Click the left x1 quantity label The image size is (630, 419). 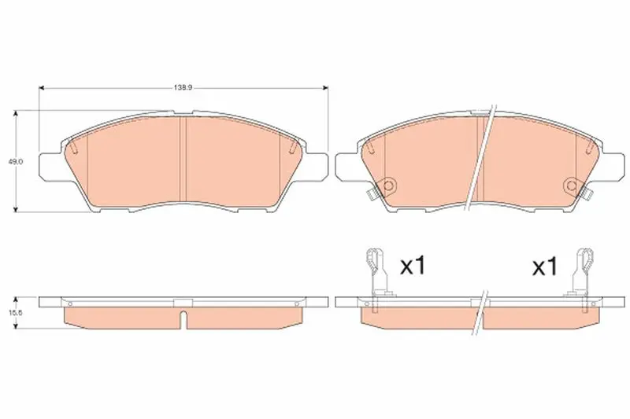412,266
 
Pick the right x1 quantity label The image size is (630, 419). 545,266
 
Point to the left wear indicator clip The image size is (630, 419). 376,273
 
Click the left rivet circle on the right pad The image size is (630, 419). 388,186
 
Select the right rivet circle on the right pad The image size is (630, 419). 573,186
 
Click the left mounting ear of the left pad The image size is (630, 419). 50,164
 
